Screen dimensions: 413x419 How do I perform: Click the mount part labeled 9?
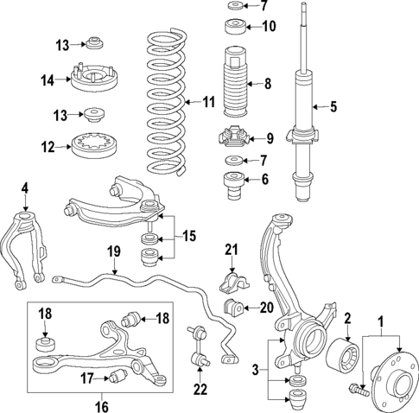pyautogui.click(x=232, y=137)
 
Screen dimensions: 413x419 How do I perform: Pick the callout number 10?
pyautogui.click(x=269, y=26)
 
